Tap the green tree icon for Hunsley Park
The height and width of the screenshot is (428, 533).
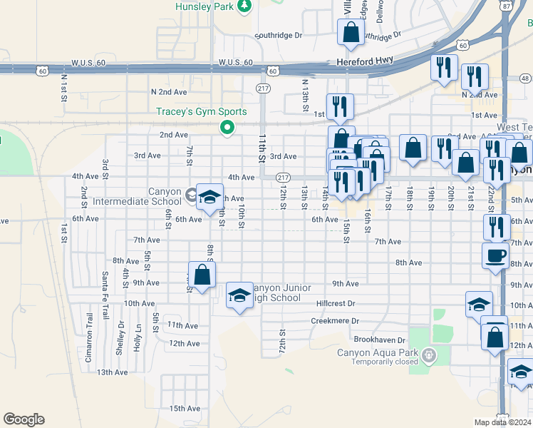pos(244,6)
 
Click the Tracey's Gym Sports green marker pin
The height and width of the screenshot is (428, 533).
pos(227,128)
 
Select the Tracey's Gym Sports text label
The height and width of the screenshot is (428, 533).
pos(202,112)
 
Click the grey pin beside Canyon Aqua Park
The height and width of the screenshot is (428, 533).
pos(428,355)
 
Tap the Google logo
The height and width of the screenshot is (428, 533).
pos(24,419)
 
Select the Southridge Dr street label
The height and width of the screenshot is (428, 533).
pos(279,34)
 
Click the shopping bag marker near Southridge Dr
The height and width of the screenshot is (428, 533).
pos(350,33)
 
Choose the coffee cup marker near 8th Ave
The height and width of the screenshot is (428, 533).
pos(495,255)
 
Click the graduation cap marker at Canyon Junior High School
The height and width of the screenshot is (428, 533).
pos(239,296)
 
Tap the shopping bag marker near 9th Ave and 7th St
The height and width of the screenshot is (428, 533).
pos(202,275)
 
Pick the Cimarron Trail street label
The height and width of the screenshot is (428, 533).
pos(89,337)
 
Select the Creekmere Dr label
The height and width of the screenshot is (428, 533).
pos(333,321)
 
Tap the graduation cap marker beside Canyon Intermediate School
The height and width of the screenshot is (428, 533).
pos(209,198)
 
